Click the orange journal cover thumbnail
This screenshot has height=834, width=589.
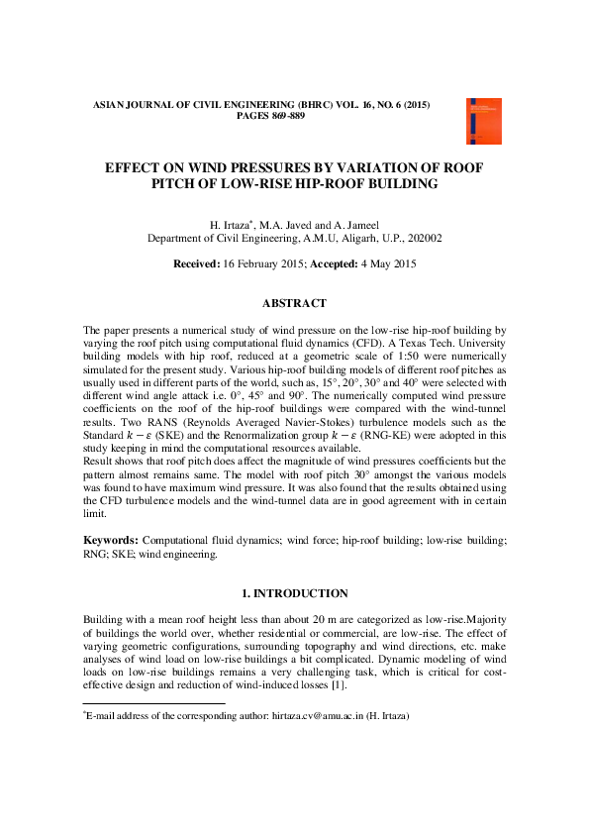[483, 121]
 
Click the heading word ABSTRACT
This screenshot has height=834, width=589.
[294, 303]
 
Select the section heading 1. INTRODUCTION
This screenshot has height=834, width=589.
[295, 593]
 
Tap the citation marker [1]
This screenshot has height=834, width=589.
[313, 684]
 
